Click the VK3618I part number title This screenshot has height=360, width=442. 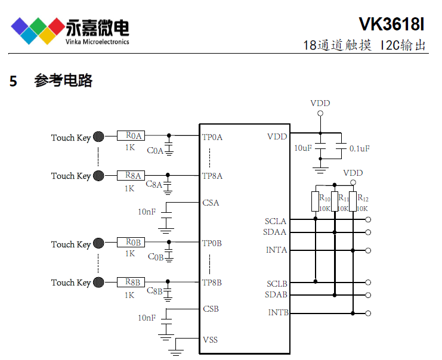click(391, 24)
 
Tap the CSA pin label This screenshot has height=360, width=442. click(211, 203)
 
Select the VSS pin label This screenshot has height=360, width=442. click(211, 340)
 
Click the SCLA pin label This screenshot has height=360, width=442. click(276, 222)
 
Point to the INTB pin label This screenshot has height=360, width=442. click(278, 312)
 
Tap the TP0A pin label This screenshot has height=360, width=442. click(212, 137)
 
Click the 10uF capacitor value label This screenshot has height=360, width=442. click(304, 148)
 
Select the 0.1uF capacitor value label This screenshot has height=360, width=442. click(359, 148)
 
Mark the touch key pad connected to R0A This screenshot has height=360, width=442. click(99, 136)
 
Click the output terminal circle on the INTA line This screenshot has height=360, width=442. click(368, 250)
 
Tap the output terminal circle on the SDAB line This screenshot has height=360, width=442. click(368, 295)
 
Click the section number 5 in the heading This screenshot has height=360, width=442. click(13, 82)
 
